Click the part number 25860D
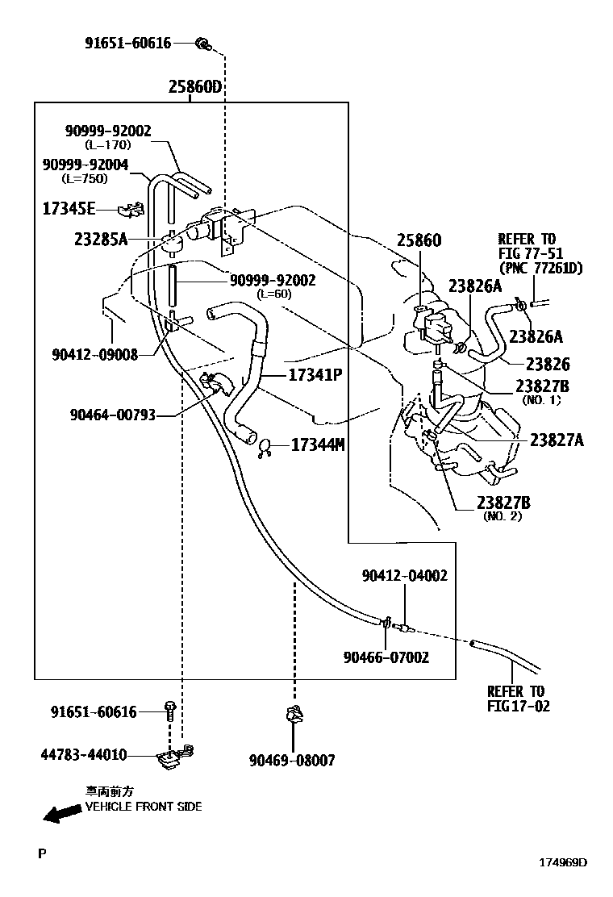click(194, 87)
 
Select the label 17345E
click(69, 210)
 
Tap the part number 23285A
click(101, 239)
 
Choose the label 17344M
click(317, 444)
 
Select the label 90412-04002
click(404, 575)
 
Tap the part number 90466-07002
click(386, 657)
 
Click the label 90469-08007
click(291, 760)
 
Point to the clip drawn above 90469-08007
click(294, 715)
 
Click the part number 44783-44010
click(84, 755)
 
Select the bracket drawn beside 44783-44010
click(173, 757)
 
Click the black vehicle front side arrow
click(64, 815)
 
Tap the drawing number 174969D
click(563, 862)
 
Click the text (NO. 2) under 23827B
click(502, 516)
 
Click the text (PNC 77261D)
click(540, 268)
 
